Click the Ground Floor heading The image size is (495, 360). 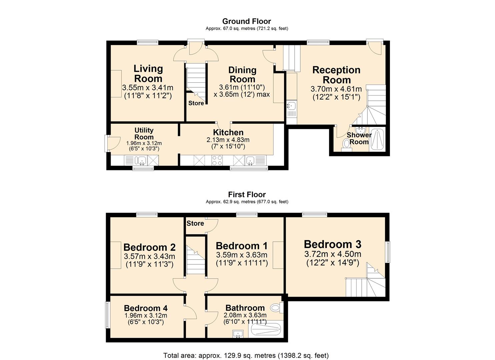click(x=247, y=21)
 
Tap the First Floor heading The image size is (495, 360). click(x=247, y=195)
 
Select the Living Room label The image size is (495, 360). click(x=148, y=74)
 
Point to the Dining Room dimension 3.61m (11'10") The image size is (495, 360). click(x=242, y=88)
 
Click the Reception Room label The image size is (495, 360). click(x=336, y=75)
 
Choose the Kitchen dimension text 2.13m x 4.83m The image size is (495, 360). click(x=228, y=140)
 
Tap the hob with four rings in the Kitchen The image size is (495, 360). click(x=217, y=160)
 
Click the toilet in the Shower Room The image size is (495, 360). click(x=346, y=145)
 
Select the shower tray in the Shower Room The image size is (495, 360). click(x=377, y=140)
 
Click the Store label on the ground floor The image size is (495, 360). click(x=196, y=103)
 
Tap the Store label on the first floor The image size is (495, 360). click(x=195, y=223)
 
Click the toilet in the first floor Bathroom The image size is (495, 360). click(x=277, y=307)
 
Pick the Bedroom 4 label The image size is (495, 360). click(x=146, y=308)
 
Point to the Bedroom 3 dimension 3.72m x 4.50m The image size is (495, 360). click(x=333, y=254)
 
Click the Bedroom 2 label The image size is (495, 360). click(x=150, y=247)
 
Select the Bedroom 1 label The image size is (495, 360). click(x=242, y=246)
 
